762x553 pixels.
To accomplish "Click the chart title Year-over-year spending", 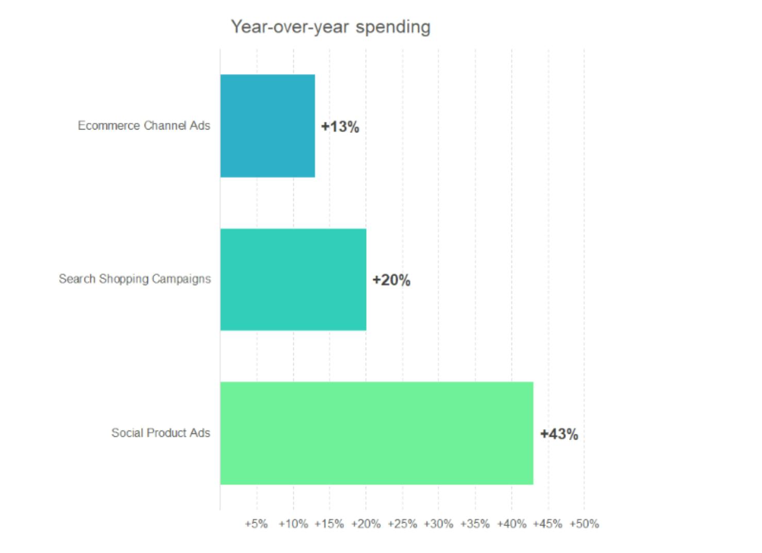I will pyautogui.click(x=330, y=27).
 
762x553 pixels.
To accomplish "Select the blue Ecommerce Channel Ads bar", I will pyautogui.click(x=268, y=126).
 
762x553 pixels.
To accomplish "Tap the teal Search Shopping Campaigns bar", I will pyautogui.click(x=293, y=280).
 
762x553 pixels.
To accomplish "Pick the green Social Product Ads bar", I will pyautogui.click(x=376, y=433).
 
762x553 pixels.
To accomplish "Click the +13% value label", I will pyautogui.click(x=340, y=127).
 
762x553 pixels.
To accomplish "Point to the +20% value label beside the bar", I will pyautogui.click(x=391, y=280).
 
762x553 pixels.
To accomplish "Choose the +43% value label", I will pyautogui.click(x=559, y=434).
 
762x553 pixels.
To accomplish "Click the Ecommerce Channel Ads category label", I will pyautogui.click(x=144, y=126).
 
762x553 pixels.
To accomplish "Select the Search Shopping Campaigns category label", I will pyautogui.click(x=135, y=279).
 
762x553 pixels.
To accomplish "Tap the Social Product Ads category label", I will pyautogui.click(x=161, y=433).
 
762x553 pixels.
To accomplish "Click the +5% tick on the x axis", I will pyautogui.click(x=256, y=524).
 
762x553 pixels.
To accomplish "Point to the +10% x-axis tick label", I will pyautogui.click(x=293, y=524).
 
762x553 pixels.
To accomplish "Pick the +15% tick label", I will pyautogui.click(x=329, y=524).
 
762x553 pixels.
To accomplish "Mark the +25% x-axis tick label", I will pyautogui.click(x=402, y=524).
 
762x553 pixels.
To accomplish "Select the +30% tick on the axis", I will pyautogui.click(x=438, y=524).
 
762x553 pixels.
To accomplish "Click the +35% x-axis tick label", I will pyautogui.click(x=475, y=524).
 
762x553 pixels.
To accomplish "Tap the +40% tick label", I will pyautogui.click(x=511, y=524).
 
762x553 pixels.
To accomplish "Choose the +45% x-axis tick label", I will pyautogui.click(x=548, y=524).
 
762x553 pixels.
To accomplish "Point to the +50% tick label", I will pyautogui.click(x=584, y=524).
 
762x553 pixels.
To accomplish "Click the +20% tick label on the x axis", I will pyautogui.click(x=366, y=524).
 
